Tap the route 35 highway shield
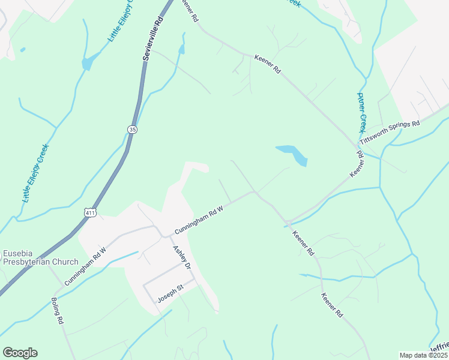pos(131,129)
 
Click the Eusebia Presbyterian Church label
pos(40,257)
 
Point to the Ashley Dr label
pos(181,257)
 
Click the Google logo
pos(20,353)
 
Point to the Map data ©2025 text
pos(423,355)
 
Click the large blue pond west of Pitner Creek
pos(292,154)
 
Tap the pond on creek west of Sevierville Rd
pos(88,62)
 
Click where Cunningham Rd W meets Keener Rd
pos(256,192)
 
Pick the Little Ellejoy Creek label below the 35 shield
pos(37,173)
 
